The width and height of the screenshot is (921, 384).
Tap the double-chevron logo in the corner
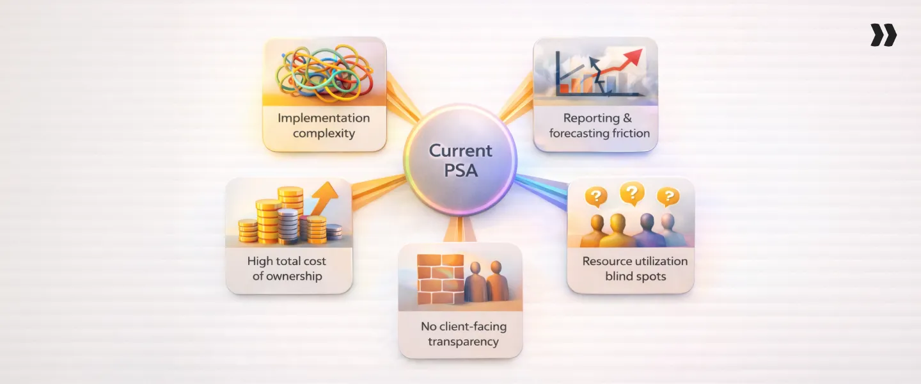click(883, 35)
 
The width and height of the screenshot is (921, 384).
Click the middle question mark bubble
click(632, 192)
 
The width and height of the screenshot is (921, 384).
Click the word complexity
click(324, 134)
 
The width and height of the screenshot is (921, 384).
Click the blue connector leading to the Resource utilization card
click(541, 188)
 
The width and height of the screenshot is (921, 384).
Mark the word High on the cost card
click(259, 261)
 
